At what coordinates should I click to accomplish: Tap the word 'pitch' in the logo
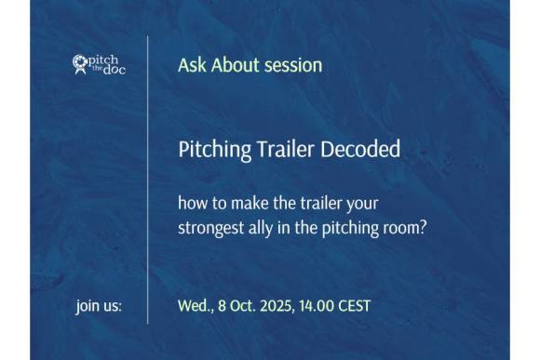coord(104,60)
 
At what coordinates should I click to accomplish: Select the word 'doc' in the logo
coord(113,71)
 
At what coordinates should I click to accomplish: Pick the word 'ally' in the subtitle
coord(265,226)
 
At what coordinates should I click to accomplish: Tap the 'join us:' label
coord(99,305)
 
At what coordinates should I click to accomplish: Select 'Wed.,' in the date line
coord(196,305)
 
